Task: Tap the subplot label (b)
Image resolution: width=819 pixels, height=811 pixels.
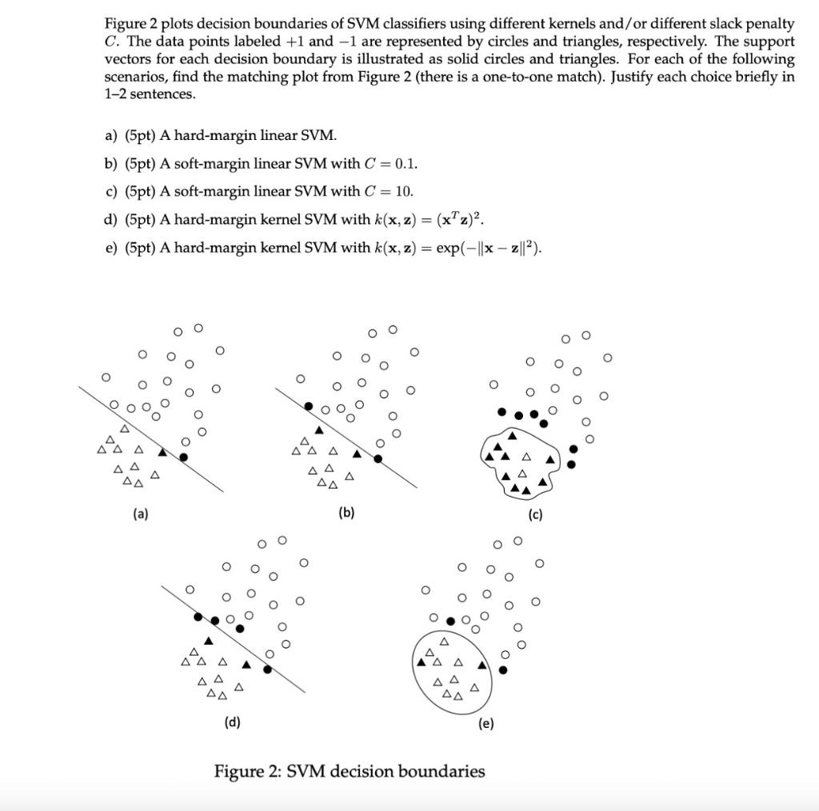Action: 346,513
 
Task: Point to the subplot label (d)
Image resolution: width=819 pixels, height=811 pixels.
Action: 232,723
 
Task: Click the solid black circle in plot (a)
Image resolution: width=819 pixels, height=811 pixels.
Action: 183,457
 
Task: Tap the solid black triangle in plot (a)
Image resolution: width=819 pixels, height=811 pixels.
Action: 162,452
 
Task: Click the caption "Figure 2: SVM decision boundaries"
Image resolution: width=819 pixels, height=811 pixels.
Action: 349,772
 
